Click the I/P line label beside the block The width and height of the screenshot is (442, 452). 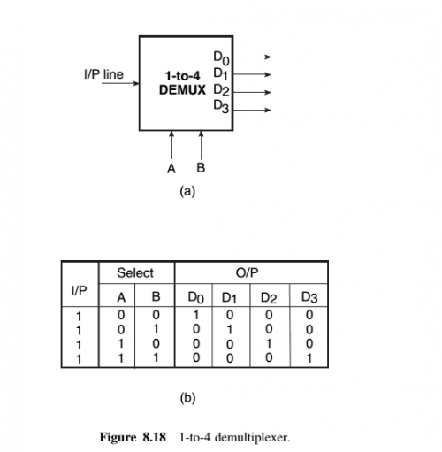click(x=103, y=74)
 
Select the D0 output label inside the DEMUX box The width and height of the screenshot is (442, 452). click(x=221, y=57)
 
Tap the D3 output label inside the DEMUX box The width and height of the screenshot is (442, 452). click(x=221, y=107)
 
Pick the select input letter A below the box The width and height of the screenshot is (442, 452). click(x=172, y=167)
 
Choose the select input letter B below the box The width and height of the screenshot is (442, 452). click(x=201, y=167)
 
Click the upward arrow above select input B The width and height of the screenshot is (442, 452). click(x=202, y=144)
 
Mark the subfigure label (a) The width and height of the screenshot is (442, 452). click(x=187, y=190)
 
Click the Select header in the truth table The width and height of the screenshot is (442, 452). click(x=135, y=272)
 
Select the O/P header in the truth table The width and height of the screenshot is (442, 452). click(x=251, y=272)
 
